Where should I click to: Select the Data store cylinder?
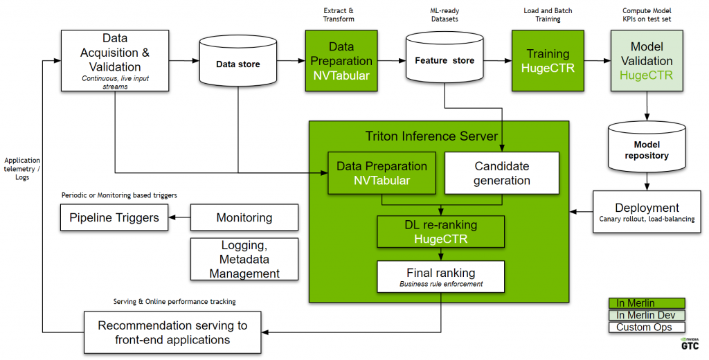(238, 64)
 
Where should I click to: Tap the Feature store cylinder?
(444, 61)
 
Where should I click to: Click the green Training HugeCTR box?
(548, 61)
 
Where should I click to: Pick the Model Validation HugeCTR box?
(647, 61)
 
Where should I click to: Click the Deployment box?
(647, 213)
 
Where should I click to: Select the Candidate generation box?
(502, 173)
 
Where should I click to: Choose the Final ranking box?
(440, 276)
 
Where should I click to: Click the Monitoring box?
(244, 217)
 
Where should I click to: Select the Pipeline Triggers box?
(114, 217)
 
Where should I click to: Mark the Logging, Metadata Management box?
(244, 260)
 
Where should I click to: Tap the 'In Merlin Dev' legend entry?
(646, 315)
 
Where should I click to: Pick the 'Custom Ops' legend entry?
(646, 327)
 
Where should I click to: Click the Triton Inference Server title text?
(431, 136)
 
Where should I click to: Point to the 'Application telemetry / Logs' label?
(23, 168)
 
